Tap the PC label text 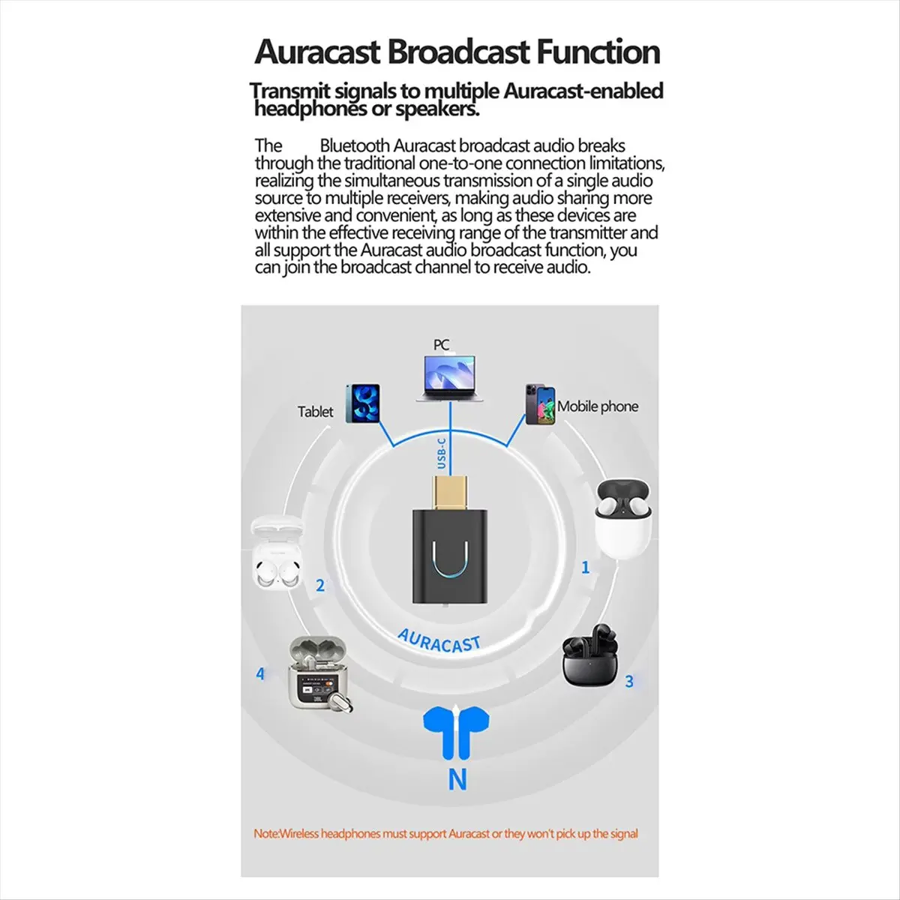tap(442, 345)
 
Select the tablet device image tap(363, 403)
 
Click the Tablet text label tap(315, 412)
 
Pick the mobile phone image tap(540, 406)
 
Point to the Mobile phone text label tap(598, 406)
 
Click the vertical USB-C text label tap(441, 453)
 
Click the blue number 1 tap(586, 568)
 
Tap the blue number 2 tap(320, 586)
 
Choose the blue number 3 tap(629, 681)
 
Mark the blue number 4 tap(260, 673)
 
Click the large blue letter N tap(457, 780)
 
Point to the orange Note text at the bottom tap(445, 833)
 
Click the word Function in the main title tap(598, 52)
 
